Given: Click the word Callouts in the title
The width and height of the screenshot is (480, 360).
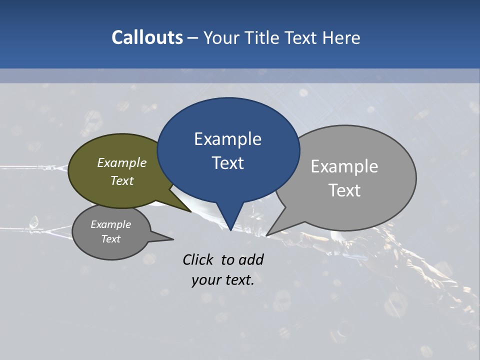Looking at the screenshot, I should [147, 37].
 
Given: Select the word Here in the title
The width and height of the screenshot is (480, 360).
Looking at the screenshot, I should [341, 38].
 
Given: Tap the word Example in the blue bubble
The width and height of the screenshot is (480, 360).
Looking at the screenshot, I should [227, 139].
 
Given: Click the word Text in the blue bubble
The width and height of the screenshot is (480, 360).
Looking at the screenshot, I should [227, 163].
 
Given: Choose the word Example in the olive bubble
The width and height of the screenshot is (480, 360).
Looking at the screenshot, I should [122, 163].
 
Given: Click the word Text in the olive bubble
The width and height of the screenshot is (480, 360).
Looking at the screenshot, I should [122, 180].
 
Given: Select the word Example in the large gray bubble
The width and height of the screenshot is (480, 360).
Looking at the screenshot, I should [344, 166].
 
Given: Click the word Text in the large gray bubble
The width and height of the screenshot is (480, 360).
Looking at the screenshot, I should [344, 190].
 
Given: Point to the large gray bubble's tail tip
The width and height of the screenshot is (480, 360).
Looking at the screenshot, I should [267, 235].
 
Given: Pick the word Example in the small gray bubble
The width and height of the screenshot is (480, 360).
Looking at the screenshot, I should [110, 224].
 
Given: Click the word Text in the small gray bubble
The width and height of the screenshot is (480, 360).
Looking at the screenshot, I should [110, 239].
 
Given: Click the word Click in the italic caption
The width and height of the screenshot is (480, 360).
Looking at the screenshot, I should [198, 259].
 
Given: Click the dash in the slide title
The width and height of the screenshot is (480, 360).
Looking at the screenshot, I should [193, 38].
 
